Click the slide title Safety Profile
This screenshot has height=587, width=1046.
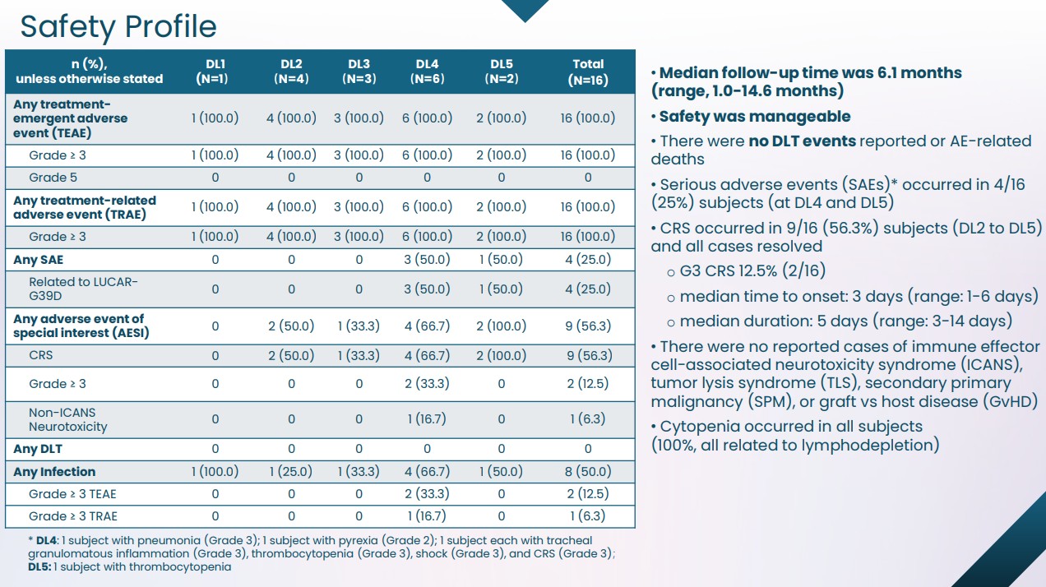pyautogui.click(x=118, y=26)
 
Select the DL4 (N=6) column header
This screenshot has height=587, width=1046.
pyautogui.click(x=427, y=72)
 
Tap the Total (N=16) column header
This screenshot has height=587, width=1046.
pyautogui.click(x=588, y=72)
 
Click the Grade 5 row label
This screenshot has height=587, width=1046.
pyautogui.click(x=53, y=178)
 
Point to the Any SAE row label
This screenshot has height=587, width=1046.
pyautogui.click(x=38, y=260)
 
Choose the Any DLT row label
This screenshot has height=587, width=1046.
pyautogui.click(x=38, y=449)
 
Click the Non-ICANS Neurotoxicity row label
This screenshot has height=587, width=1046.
pyautogui.click(x=68, y=419)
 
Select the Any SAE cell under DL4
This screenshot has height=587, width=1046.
pyautogui.click(x=427, y=260)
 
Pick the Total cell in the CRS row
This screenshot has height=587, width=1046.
pyautogui.click(x=588, y=355)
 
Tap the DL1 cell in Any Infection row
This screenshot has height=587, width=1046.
pyautogui.click(x=215, y=472)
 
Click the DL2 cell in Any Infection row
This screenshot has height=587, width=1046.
pyautogui.click(x=291, y=472)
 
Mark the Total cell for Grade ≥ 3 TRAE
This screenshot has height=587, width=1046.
pyautogui.click(x=588, y=516)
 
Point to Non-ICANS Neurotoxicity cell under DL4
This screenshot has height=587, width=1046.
pyautogui.click(x=427, y=419)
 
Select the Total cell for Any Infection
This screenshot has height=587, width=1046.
pyautogui.click(x=588, y=472)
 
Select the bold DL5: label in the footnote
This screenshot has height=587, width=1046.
pyautogui.click(x=39, y=567)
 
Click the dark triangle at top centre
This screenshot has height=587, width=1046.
pyautogui.click(x=524, y=9)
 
